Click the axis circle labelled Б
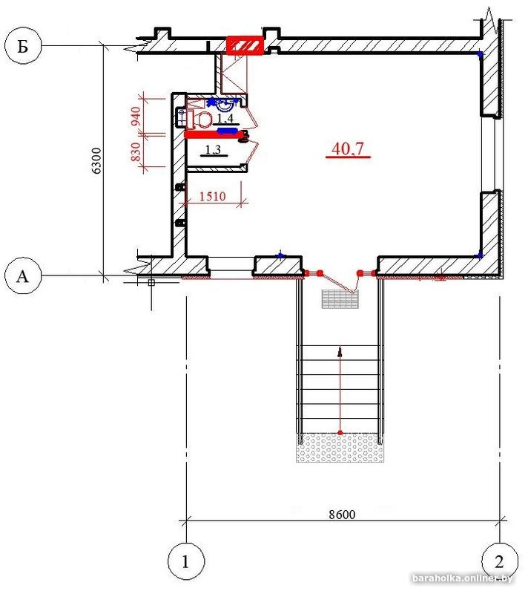[24, 46]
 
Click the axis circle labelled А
[23, 275]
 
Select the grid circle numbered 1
[185, 561]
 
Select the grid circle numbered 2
[500, 561]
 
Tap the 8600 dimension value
[342, 514]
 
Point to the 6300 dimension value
[97, 160]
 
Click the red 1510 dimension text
[212, 196]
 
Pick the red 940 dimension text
[136, 117]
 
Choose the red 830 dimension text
[136, 151]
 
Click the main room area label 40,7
[348, 148]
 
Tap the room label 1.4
[225, 119]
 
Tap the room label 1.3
[213, 150]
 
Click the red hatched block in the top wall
[245, 46]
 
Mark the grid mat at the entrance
[340, 299]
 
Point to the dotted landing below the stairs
[340, 448]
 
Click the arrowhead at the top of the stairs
[340, 352]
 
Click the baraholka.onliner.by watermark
[462, 578]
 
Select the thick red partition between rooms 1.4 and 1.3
[214, 134]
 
